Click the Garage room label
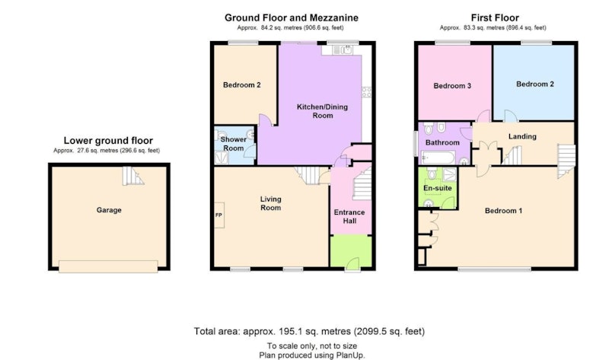pos(109,210)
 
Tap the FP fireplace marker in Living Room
pos(219,215)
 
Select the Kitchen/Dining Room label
pos(322,111)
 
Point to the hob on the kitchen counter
pos(367,92)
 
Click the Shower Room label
pos(234,144)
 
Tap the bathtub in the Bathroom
pos(438,158)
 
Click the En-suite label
pos(437,188)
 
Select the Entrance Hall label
pos(349,217)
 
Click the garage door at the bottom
pos(108,266)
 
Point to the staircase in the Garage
pos(132,176)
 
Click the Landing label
pos(522,136)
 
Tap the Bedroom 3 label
pos(452,86)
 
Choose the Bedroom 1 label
pos(503,211)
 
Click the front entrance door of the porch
pos(352,264)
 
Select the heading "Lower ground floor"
pos(108,141)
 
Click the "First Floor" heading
pos(495,18)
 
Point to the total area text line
pos(309,331)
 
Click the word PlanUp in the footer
pos(351,355)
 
